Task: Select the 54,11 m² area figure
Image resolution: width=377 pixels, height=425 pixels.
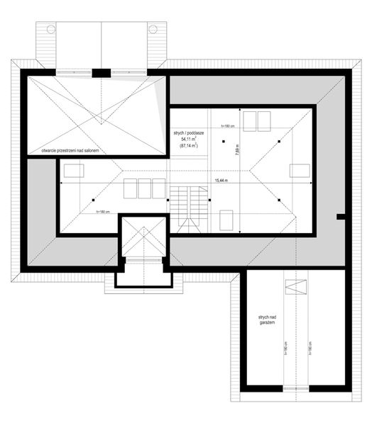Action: click(188, 140)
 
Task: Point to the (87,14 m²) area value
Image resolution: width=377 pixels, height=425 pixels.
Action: click(188, 146)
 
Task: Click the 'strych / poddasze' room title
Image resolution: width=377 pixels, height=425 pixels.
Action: click(188, 132)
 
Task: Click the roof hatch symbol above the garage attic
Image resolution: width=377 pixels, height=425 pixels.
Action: click(293, 288)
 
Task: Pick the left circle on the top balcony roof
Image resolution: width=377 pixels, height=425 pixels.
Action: click(50, 29)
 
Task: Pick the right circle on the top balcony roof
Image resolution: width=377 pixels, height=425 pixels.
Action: click(153, 29)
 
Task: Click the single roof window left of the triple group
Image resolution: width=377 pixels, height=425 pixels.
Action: click(73, 171)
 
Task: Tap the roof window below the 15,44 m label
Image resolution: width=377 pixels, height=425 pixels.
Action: click(229, 220)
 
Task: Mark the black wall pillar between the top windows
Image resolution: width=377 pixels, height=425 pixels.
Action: click(102, 72)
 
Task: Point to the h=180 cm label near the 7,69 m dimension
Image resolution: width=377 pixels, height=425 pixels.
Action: click(228, 125)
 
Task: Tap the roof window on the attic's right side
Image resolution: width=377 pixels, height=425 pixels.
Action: click(299, 170)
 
